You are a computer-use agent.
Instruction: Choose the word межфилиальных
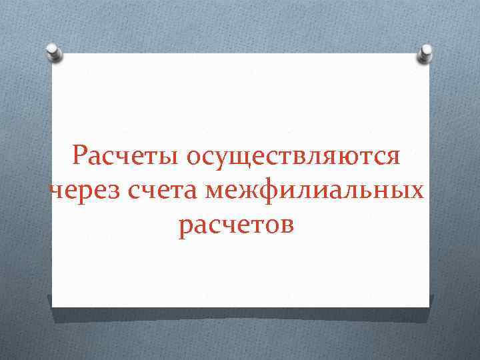pos(315,191)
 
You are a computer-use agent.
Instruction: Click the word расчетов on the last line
pos(236,225)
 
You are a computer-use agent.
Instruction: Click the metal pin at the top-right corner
pos(425,53)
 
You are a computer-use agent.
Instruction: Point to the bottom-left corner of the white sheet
pos(53,306)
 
